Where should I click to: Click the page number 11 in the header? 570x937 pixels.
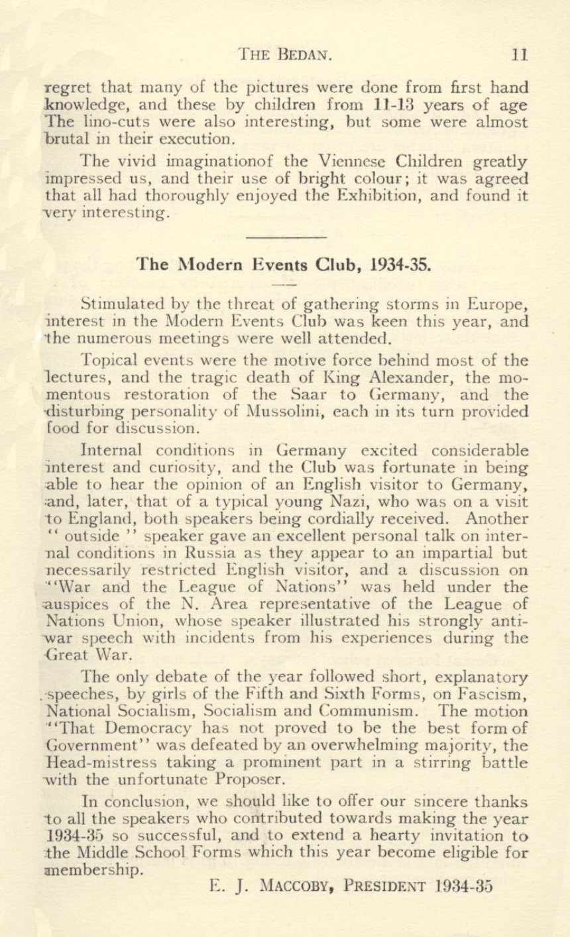pyautogui.click(x=519, y=54)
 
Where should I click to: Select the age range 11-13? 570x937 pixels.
pyautogui.click(x=395, y=105)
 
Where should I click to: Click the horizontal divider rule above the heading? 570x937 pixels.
pyautogui.click(x=286, y=236)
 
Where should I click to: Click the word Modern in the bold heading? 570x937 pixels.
pyautogui.click(x=211, y=265)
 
